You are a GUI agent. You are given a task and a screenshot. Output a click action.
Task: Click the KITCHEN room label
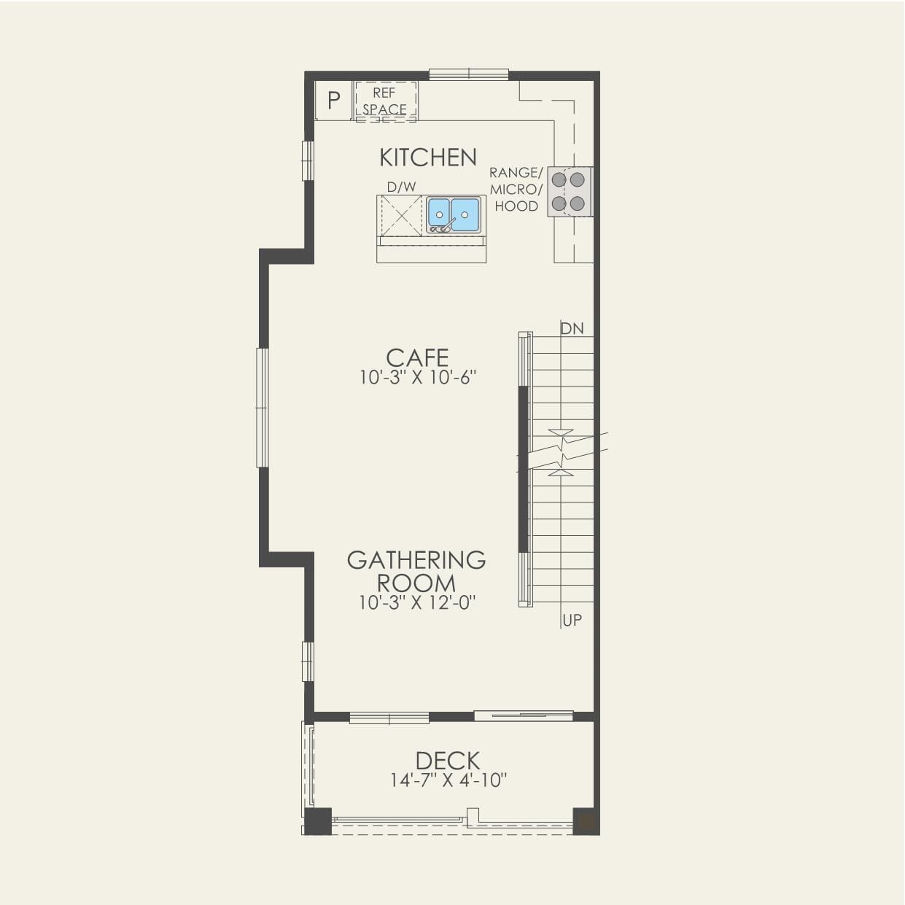pyautogui.click(x=428, y=158)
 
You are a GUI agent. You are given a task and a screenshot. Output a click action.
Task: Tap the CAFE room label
pyautogui.click(x=417, y=358)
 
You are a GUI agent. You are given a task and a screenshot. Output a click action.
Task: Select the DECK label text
pyautogui.click(x=448, y=761)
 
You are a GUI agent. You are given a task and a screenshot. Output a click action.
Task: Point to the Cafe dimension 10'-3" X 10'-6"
pyautogui.click(x=418, y=378)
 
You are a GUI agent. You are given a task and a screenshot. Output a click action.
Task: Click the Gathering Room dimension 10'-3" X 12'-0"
pyautogui.click(x=417, y=603)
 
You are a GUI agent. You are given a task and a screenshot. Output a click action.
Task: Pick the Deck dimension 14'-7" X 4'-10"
pyautogui.click(x=448, y=780)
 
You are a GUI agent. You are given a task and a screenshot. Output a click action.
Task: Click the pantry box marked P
pyautogui.click(x=333, y=101)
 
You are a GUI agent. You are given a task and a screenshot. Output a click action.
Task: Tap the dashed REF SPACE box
pyautogui.click(x=385, y=101)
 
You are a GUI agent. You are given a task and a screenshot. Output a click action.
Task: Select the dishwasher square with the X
pyautogui.click(x=401, y=216)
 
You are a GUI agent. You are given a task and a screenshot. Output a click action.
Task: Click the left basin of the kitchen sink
pyautogui.click(x=439, y=213)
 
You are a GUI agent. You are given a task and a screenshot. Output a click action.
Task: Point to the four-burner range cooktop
pyautogui.click(x=569, y=192)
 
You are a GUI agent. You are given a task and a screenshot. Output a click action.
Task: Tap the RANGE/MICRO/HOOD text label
pyautogui.click(x=516, y=190)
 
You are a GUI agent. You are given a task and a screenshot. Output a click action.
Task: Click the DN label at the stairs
pyautogui.click(x=572, y=329)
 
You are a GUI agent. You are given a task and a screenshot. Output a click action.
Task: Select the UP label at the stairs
pyautogui.click(x=572, y=621)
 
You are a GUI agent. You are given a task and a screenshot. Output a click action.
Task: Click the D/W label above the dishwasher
pyautogui.click(x=401, y=187)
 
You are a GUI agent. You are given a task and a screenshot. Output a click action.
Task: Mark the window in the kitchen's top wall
pyautogui.click(x=468, y=74)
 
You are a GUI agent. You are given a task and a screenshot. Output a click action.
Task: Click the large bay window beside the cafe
pyautogui.click(x=262, y=408)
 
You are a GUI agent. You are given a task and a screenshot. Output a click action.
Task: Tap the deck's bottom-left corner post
pyautogui.click(x=318, y=821)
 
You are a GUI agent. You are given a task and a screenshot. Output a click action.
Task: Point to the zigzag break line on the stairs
pyautogui.click(x=562, y=452)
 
